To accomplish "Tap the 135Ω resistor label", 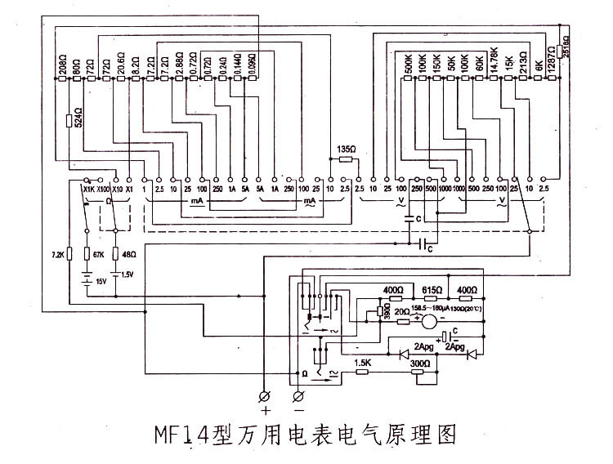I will pos(346,150).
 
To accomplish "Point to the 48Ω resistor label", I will pos(128,255).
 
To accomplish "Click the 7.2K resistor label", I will pos(56,255).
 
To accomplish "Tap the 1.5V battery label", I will pos(128,274).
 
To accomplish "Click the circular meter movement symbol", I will pos(430,320).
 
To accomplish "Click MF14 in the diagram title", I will pos(182,434).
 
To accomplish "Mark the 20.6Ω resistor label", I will pos(121,65).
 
